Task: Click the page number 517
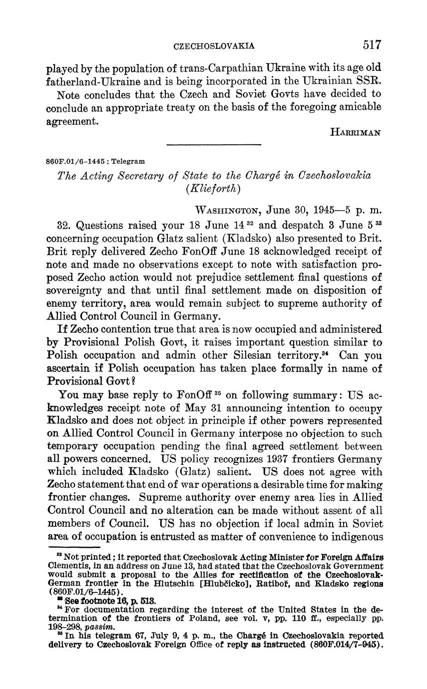coord(372,45)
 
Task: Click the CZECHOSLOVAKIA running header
coord(214,46)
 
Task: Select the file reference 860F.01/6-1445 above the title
coord(76,162)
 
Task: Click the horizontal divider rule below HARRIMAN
coord(214,145)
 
